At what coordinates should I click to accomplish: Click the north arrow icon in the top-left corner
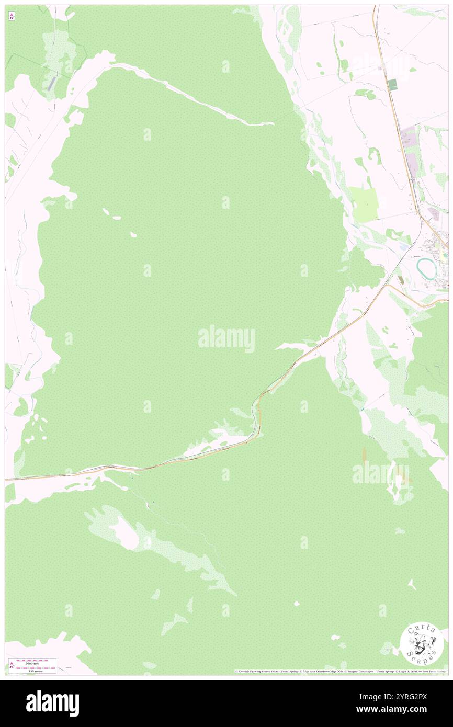point(12,16)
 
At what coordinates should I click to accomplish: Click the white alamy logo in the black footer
point(52,703)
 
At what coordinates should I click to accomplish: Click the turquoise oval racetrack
point(427,268)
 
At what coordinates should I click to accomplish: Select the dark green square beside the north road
point(392,84)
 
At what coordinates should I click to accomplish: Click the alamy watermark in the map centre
point(226,339)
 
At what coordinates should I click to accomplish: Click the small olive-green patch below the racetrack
point(401,280)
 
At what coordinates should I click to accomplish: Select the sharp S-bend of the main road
point(257,413)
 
